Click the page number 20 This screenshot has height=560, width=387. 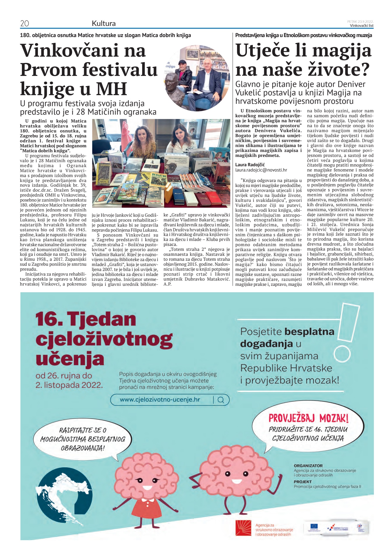25,23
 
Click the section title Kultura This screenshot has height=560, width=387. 104,23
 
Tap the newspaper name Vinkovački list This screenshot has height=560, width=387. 362,25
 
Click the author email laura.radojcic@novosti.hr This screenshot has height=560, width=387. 261,170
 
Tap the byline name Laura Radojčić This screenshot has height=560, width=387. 250,164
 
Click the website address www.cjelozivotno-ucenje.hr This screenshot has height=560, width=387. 160,400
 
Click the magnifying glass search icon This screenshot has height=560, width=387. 221,400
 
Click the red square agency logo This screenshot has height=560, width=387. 243,528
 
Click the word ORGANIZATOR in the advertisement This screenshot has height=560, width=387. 308,466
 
